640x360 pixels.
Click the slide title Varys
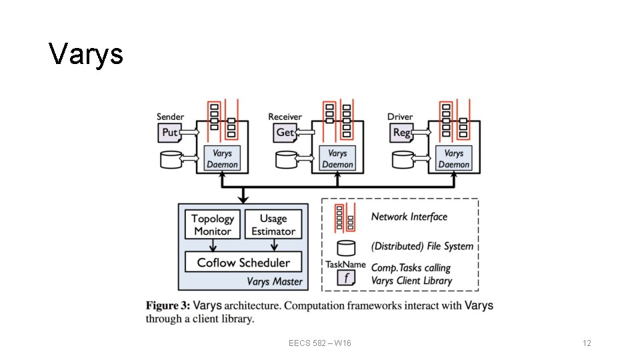(86, 53)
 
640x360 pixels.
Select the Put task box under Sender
(170, 133)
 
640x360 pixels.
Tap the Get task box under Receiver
(285, 133)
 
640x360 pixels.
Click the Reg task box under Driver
(401, 133)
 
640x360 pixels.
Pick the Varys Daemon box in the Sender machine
(222, 159)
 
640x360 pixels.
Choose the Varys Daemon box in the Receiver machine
(337, 159)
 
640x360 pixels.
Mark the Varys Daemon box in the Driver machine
(453, 159)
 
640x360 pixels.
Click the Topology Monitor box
(213, 225)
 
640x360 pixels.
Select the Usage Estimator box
(273, 225)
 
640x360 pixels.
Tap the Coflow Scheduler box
(243, 262)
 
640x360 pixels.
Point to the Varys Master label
(274, 281)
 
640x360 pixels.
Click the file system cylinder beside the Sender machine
(172, 159)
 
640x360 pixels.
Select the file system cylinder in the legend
(345, 247)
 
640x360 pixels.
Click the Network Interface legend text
(409, 217)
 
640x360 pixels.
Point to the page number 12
(587, 343)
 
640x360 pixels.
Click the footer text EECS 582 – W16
(320, 343)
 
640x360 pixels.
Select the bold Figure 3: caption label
(168, 306)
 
